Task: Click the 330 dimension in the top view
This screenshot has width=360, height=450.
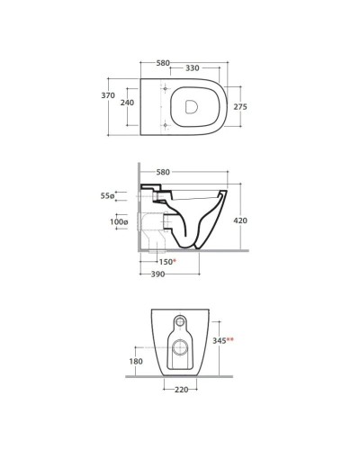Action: coord(192,68)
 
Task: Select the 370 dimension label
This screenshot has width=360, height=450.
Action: coord(108,95)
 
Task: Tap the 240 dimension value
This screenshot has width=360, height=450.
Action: coord(127,103)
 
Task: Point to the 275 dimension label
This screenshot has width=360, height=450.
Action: coord(240,106)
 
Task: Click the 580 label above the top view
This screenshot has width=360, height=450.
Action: coord(163,63)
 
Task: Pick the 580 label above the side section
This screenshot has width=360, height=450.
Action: coord(163,172)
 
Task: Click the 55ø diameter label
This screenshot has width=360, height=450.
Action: coord(107,196)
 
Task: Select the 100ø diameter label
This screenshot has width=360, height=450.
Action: coord(119,222)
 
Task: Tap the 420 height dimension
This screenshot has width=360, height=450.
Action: coord(240,220)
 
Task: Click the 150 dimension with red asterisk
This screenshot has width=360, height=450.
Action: coord(167,262)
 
